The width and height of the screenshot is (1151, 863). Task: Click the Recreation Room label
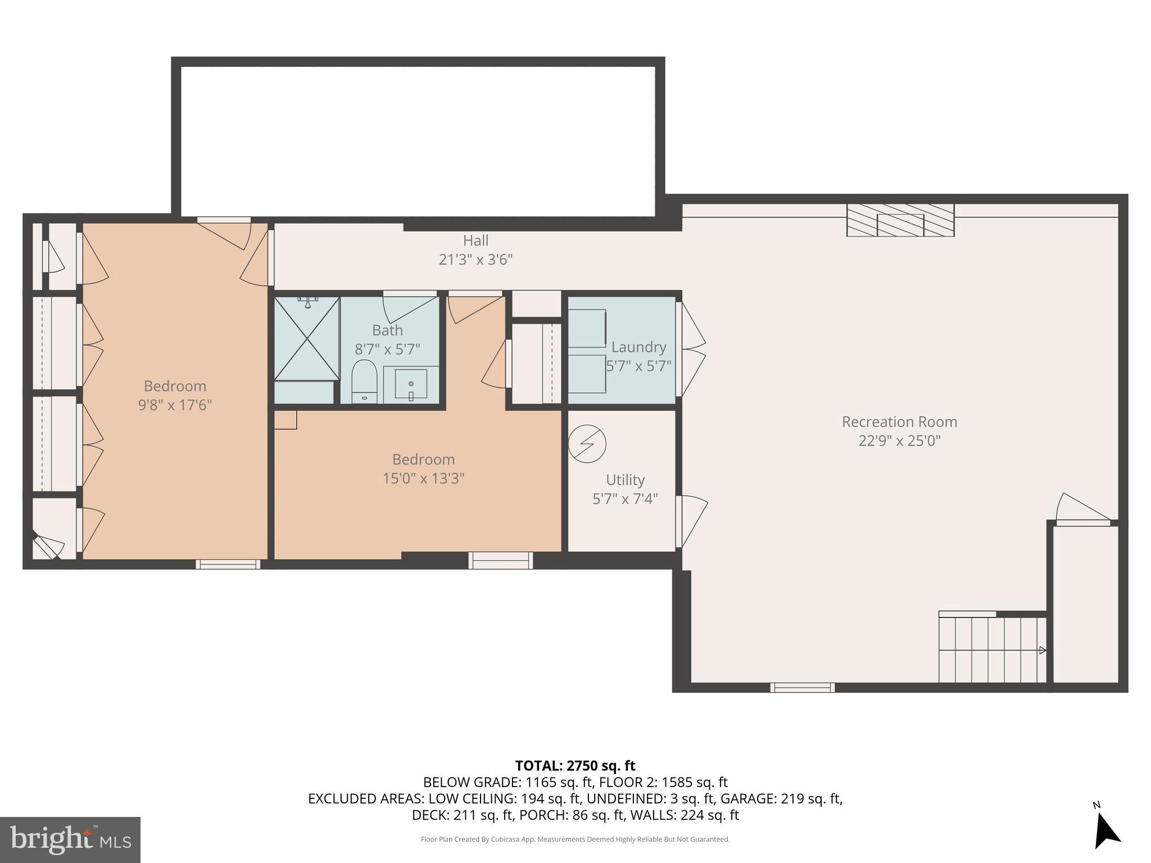tap(899, 421)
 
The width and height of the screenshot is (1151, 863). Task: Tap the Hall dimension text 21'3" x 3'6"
tap(475, 260)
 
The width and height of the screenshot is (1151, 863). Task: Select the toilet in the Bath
tap(364, 380)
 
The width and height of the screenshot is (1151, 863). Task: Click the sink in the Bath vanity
tap(411, 385)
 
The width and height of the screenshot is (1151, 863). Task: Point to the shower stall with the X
tap(307, 339)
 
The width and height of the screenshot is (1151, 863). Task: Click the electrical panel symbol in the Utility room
tap(587, 444)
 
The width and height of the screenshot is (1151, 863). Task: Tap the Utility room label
tap(625, 480)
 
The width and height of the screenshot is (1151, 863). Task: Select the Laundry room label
tap(638, 347)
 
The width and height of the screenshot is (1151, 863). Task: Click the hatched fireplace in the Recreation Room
tap(900, 220)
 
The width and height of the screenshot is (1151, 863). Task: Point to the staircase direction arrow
tap(1041, 650)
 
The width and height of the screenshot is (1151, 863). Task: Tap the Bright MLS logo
tap(70, 840)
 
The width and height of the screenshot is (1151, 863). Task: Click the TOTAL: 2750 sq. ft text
tap(575, 766)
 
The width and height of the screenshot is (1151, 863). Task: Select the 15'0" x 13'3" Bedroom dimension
tap(423, 478)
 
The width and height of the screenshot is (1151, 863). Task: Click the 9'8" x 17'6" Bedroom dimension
tap(175, 405)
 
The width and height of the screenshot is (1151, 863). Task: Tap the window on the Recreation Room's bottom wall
tap(802, 687)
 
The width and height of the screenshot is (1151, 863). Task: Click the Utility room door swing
tap(692, 520)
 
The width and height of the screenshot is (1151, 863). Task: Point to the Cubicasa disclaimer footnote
tap(575, 839)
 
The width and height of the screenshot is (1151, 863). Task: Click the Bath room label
tap(387, 330)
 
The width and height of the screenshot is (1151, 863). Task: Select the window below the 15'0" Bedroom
tap(500, 560)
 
